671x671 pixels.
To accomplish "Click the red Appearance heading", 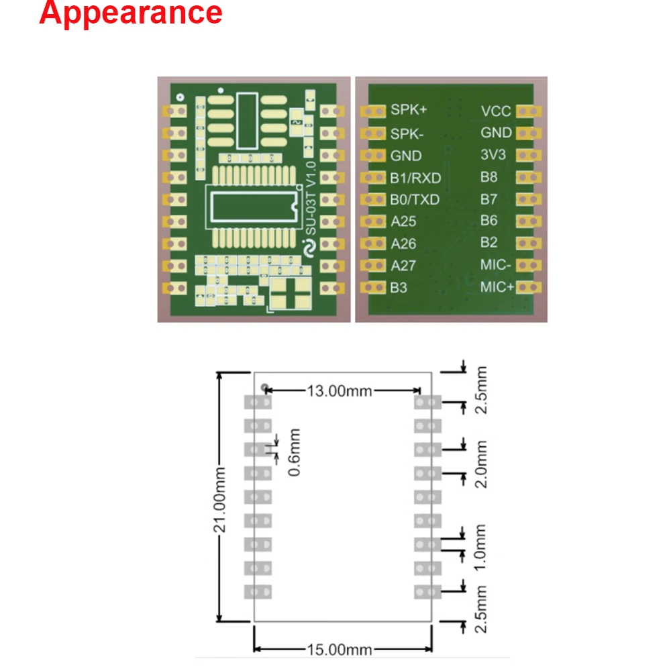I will (131, 14).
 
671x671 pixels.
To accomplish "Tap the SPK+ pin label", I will (409, 111).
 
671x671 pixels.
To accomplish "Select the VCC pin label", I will (496, 111).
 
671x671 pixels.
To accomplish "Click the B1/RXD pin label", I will (415, 177).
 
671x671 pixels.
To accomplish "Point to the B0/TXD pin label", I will (415, 199).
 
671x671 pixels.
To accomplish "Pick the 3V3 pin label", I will (493, 155).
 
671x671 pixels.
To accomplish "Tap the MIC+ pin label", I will (497, 287).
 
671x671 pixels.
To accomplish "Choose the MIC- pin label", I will (496, 265).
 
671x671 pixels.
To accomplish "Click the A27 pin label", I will (403, 265).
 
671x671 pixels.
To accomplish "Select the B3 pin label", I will (399, 287).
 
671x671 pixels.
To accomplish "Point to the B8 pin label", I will (488, 177).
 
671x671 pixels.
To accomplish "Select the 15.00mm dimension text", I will (340, 650).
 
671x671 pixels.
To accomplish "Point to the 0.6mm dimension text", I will (293, 454).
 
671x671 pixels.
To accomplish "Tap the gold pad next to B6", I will (529, 221).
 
